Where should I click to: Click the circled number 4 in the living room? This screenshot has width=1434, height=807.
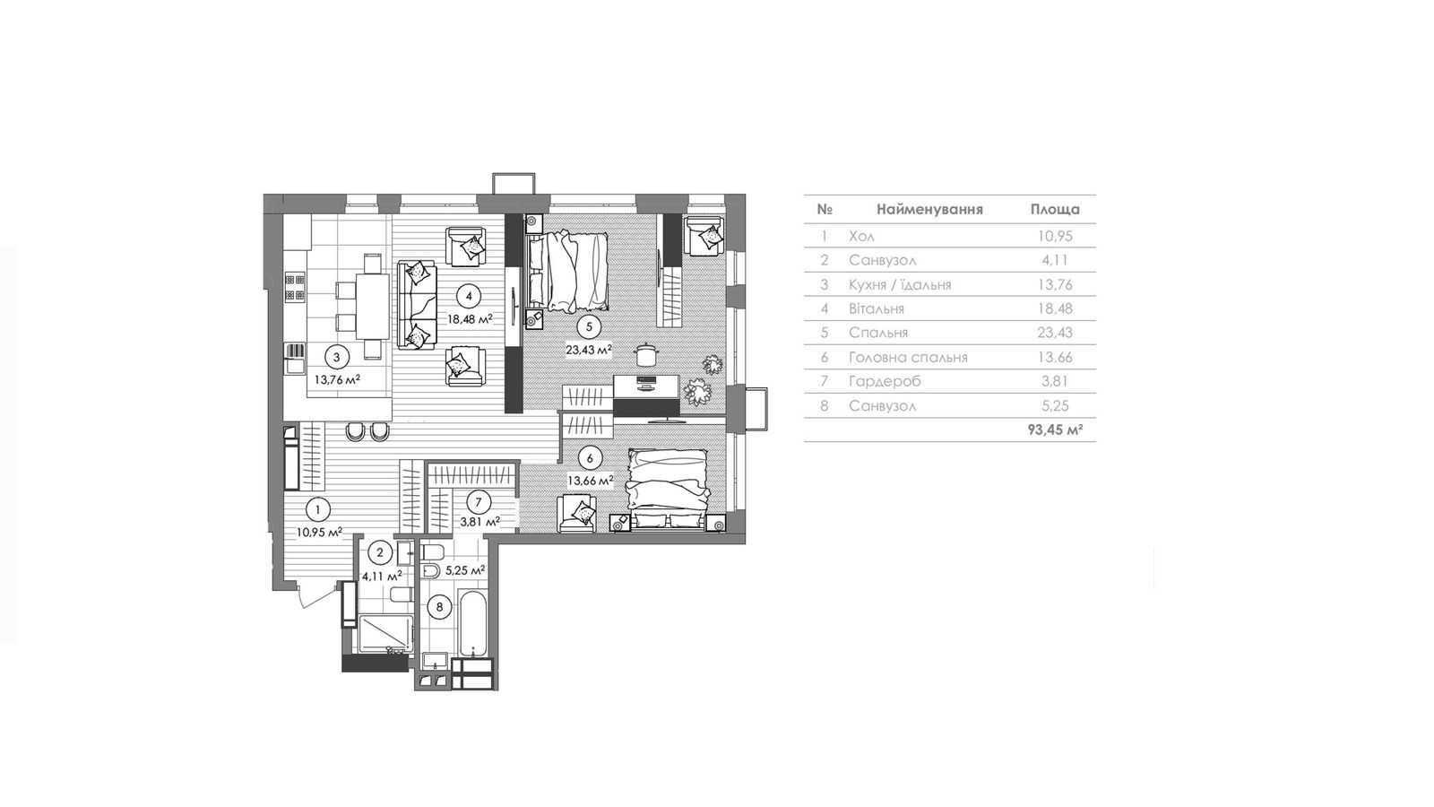(x=470, y=296)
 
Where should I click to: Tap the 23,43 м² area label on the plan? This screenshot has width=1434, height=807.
(x=589, y=350)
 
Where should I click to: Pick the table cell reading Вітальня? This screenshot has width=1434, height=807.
(x=877, y=308)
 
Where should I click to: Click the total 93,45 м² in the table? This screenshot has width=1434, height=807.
(x=1055, y=430)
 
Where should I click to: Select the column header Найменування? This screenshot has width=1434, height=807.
(x=929, y=210)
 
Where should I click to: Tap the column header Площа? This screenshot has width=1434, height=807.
(x=1055, y=210)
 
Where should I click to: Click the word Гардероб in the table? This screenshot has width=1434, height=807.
(x=885, y=382)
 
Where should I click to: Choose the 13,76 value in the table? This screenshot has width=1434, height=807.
(x=1055, y=284)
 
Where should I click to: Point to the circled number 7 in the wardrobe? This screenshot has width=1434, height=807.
(x=479, y=502)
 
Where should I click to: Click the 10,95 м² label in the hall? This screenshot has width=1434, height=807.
(x=319, y=532)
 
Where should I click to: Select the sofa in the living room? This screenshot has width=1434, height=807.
(x=418, y=304)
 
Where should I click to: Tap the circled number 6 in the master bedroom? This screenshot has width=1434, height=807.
(x=590, y=458)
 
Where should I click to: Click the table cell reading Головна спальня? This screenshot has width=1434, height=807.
(x=908, y=358)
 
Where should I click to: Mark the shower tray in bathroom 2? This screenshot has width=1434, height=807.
(x=385, y=634)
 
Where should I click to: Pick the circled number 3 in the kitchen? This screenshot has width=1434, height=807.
(x=337, y=358)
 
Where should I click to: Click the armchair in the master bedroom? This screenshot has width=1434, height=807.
(x=577, y=513)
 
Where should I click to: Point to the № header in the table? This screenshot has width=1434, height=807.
(x=825, y=210)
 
